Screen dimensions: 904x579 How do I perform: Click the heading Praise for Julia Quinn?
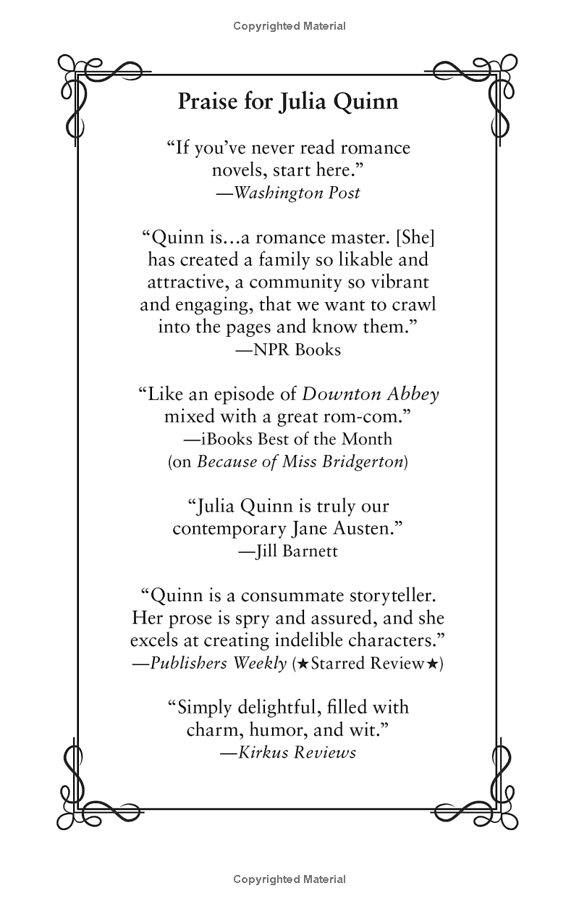pos(288,101)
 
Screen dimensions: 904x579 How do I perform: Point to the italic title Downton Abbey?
pos(370,394)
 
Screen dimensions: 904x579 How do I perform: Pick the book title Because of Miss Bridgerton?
pos(300,461)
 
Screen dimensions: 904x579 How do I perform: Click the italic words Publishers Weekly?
pos(218,664)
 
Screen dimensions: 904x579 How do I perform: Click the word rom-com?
pos(369,417)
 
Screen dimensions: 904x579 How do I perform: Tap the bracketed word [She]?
pos(414,237)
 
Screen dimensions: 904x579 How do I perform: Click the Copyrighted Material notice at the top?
pos(289,26)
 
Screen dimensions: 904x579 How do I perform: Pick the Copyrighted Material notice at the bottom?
pos(289,879)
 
